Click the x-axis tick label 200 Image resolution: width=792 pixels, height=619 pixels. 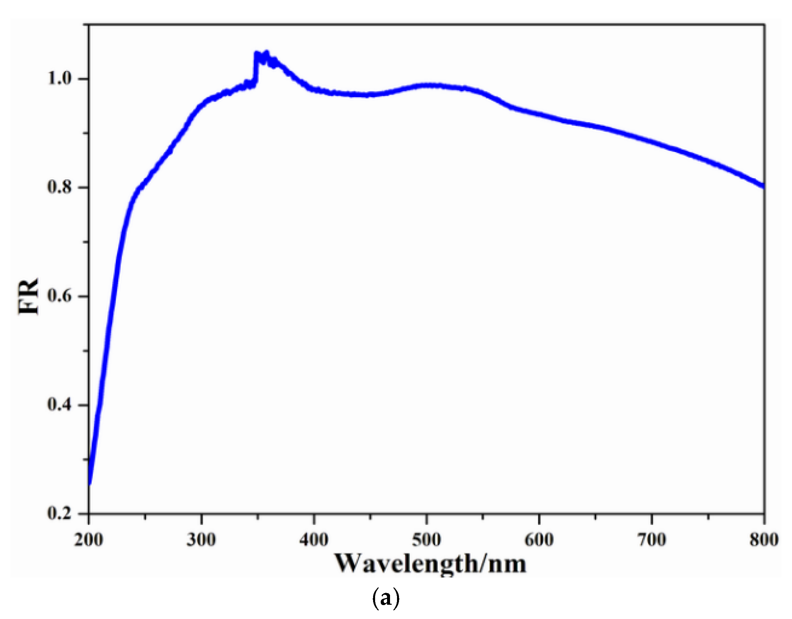click(89, 540)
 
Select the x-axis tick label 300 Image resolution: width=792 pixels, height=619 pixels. click(201, 540)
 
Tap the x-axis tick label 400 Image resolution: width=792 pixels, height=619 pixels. click(314, 540)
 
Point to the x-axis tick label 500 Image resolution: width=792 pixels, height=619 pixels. click(427, 540)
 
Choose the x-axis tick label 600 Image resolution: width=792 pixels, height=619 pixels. click(539, 540)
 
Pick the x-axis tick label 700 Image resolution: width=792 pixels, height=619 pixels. click(652, 540)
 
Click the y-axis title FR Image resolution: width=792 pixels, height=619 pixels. click(28, 296)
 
